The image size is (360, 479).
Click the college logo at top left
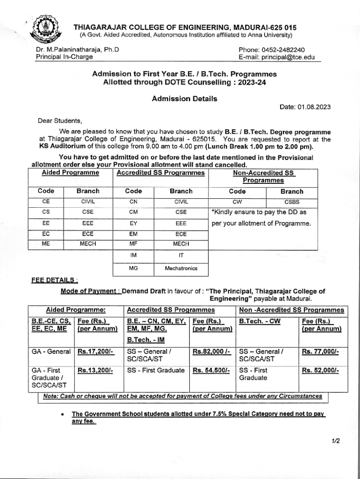point(48,29)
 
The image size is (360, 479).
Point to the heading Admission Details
point(184,99)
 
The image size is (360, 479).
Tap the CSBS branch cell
point(292,203)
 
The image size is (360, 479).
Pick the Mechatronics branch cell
point(181,269)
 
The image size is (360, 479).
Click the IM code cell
point(133,256)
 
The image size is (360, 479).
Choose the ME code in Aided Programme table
point(46,244)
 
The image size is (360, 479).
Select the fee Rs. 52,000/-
point(320,370)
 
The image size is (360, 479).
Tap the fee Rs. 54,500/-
point(211,370)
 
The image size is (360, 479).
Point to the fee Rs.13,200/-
point(96,370)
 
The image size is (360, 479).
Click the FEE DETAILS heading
point(54,281)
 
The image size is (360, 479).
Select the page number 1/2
point(335,441)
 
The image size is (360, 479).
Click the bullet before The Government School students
point(62,415)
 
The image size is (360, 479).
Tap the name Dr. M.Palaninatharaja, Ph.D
point(78,50)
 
